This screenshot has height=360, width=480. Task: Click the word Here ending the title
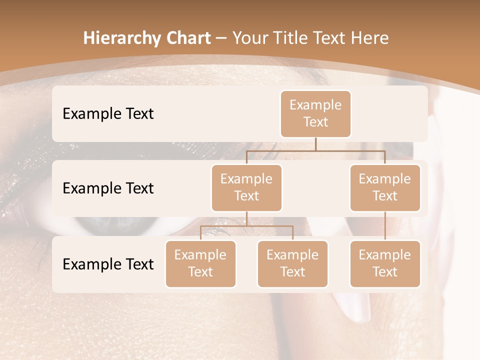370,38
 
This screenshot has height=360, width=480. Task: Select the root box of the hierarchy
315,113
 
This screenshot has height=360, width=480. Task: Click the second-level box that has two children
246,187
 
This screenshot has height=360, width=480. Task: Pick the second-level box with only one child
385,187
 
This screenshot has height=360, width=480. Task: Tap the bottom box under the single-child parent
385,263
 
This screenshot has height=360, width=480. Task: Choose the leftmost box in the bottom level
200,263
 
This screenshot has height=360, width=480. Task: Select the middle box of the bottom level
292,263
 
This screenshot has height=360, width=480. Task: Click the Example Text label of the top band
108,113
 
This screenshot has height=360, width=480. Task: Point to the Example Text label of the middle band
108,188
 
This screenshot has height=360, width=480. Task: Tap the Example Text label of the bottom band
108,264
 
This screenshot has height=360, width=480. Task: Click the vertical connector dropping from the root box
315,143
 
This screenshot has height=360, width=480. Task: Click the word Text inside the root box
315,122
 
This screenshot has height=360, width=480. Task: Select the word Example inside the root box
315,105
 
